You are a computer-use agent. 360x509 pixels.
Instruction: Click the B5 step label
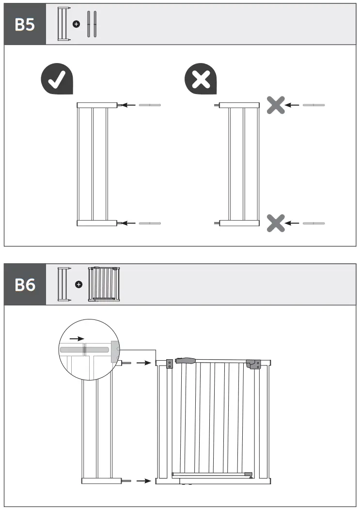25,25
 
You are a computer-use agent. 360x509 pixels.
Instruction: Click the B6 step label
25,285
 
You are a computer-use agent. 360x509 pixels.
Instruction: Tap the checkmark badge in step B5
57,80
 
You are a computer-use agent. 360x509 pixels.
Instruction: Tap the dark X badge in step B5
201,80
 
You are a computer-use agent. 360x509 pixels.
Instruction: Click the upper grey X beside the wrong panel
276,105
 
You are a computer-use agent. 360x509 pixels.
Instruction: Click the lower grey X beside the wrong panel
276,223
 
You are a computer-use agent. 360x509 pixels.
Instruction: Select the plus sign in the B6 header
78,284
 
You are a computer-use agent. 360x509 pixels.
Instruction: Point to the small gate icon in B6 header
104,285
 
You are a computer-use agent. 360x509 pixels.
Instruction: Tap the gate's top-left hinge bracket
170,364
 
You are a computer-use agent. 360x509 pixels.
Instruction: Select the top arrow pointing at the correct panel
128,105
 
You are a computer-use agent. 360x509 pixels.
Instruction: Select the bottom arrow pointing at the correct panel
128,223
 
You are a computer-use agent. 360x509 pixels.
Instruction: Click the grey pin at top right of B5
313,105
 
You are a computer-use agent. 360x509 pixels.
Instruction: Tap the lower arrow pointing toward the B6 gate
143,481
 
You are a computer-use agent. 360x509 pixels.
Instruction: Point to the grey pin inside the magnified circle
83,349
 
